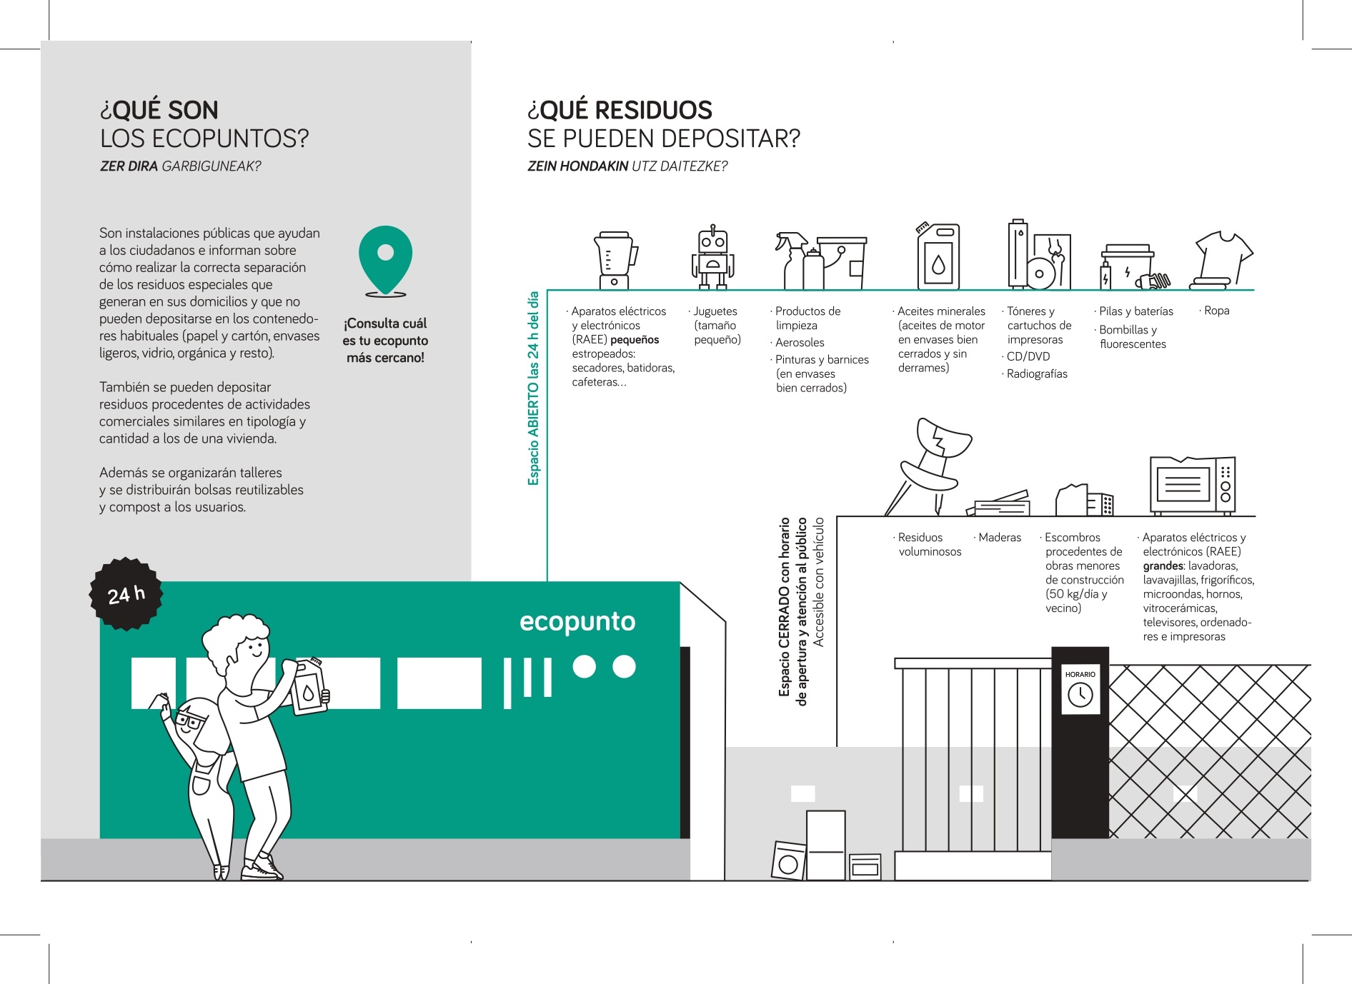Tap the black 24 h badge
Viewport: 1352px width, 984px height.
coord(126,594)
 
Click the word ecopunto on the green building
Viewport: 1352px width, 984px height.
coord(577,622)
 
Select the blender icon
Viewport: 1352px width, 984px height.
coord(615,260)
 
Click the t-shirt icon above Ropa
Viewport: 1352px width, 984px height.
coord(1222,260)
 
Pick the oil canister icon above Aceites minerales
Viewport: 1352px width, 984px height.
coord(938,256)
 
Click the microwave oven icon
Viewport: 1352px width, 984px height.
coord(1192,486)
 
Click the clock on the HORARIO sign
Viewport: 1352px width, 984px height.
coord(1080,694)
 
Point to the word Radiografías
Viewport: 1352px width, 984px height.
coord(1037,374)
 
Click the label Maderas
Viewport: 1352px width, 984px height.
coord(1000,538)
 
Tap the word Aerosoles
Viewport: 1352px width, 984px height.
coord(800,343)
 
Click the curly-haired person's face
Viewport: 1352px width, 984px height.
coord(251,650)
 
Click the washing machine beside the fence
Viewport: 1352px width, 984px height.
coord(789,860)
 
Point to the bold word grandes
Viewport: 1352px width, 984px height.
coord(1163,566)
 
